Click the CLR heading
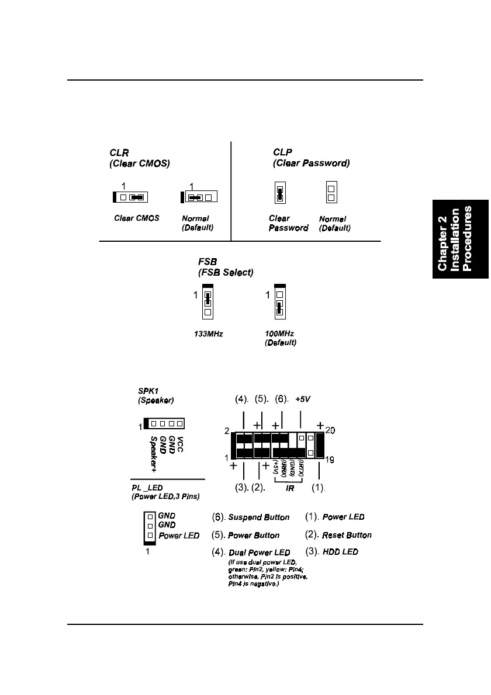[119, 153]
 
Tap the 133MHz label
[209, 334]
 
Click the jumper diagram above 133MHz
[208, 301]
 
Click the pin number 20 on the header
[330, 431]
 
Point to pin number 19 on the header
[330, 460]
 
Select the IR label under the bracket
[290, 487]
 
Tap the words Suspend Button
[258, 517]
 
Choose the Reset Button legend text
[347, 535]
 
